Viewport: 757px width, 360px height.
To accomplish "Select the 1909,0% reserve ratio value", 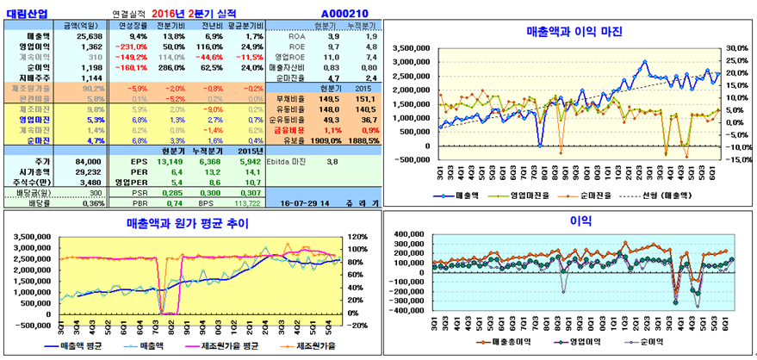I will point(327,140).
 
